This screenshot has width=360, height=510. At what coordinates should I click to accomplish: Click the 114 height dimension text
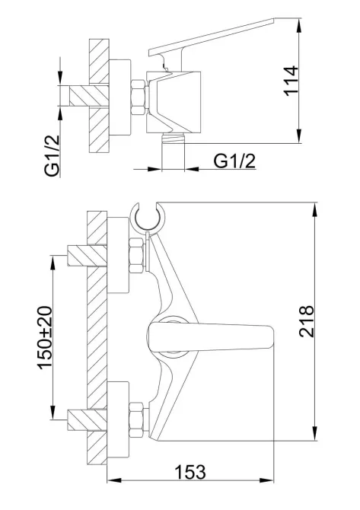coord(291,81)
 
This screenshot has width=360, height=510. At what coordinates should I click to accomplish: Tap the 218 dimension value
coord(307,321)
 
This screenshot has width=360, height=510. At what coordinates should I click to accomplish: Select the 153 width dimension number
coord(190,472)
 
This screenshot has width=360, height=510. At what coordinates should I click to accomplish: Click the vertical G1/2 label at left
coord(53,155)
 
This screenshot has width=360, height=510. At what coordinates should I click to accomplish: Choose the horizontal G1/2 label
coord(234,161)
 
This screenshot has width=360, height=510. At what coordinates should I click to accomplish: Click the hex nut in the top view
coord(139,97)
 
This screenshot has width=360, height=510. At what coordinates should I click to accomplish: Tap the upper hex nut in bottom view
coord(136,256)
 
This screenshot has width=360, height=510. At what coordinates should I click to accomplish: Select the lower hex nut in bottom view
coord(136,420)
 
